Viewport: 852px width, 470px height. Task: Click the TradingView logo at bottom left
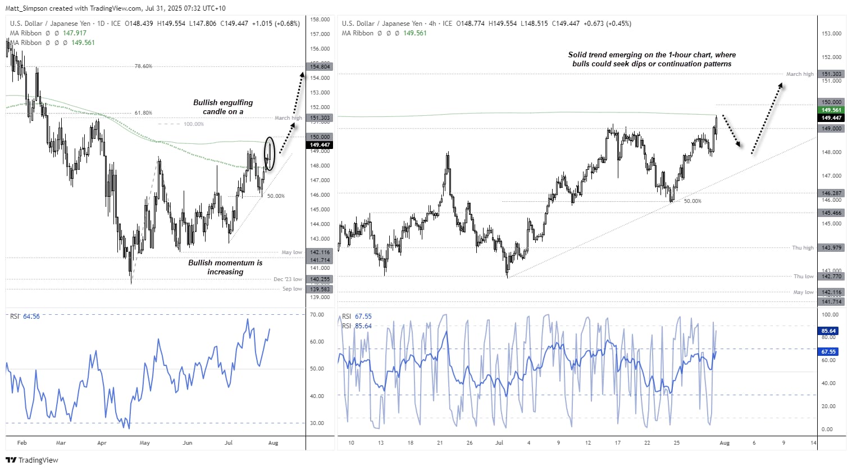[x=32, y=460]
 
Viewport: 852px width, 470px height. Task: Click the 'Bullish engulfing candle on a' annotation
[x=223, y=107]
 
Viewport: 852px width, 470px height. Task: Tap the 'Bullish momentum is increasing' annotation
[x=225, y=267]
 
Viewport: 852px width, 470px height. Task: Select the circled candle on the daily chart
[x=270, y=153]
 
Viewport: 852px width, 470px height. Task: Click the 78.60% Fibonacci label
[x=143, y=66]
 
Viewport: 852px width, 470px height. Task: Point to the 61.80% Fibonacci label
[x=143, y=113]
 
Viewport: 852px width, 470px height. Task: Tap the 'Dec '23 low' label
[x=288, y=279]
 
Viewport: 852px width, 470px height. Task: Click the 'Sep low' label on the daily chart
[x=292, y=289]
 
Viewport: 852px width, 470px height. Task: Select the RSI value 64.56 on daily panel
[x=31, y=317]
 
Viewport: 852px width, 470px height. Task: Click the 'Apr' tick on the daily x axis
[x=102, y=443]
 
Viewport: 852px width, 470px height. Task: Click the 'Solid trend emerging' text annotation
[x=651, y=59]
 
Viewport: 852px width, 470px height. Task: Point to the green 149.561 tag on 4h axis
[x=831, y=110]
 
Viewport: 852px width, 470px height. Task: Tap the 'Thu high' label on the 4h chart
[x=803, y=248]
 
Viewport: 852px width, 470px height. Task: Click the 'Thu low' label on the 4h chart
[x=803, y=277]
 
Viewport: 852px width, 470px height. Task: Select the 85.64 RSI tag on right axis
[x=828, y=331]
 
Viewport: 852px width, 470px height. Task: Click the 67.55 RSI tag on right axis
[x=828, y=352]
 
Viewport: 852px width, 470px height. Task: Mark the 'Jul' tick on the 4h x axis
[x=499, y=443]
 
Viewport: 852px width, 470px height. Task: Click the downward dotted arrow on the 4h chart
[x=732, y=131]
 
